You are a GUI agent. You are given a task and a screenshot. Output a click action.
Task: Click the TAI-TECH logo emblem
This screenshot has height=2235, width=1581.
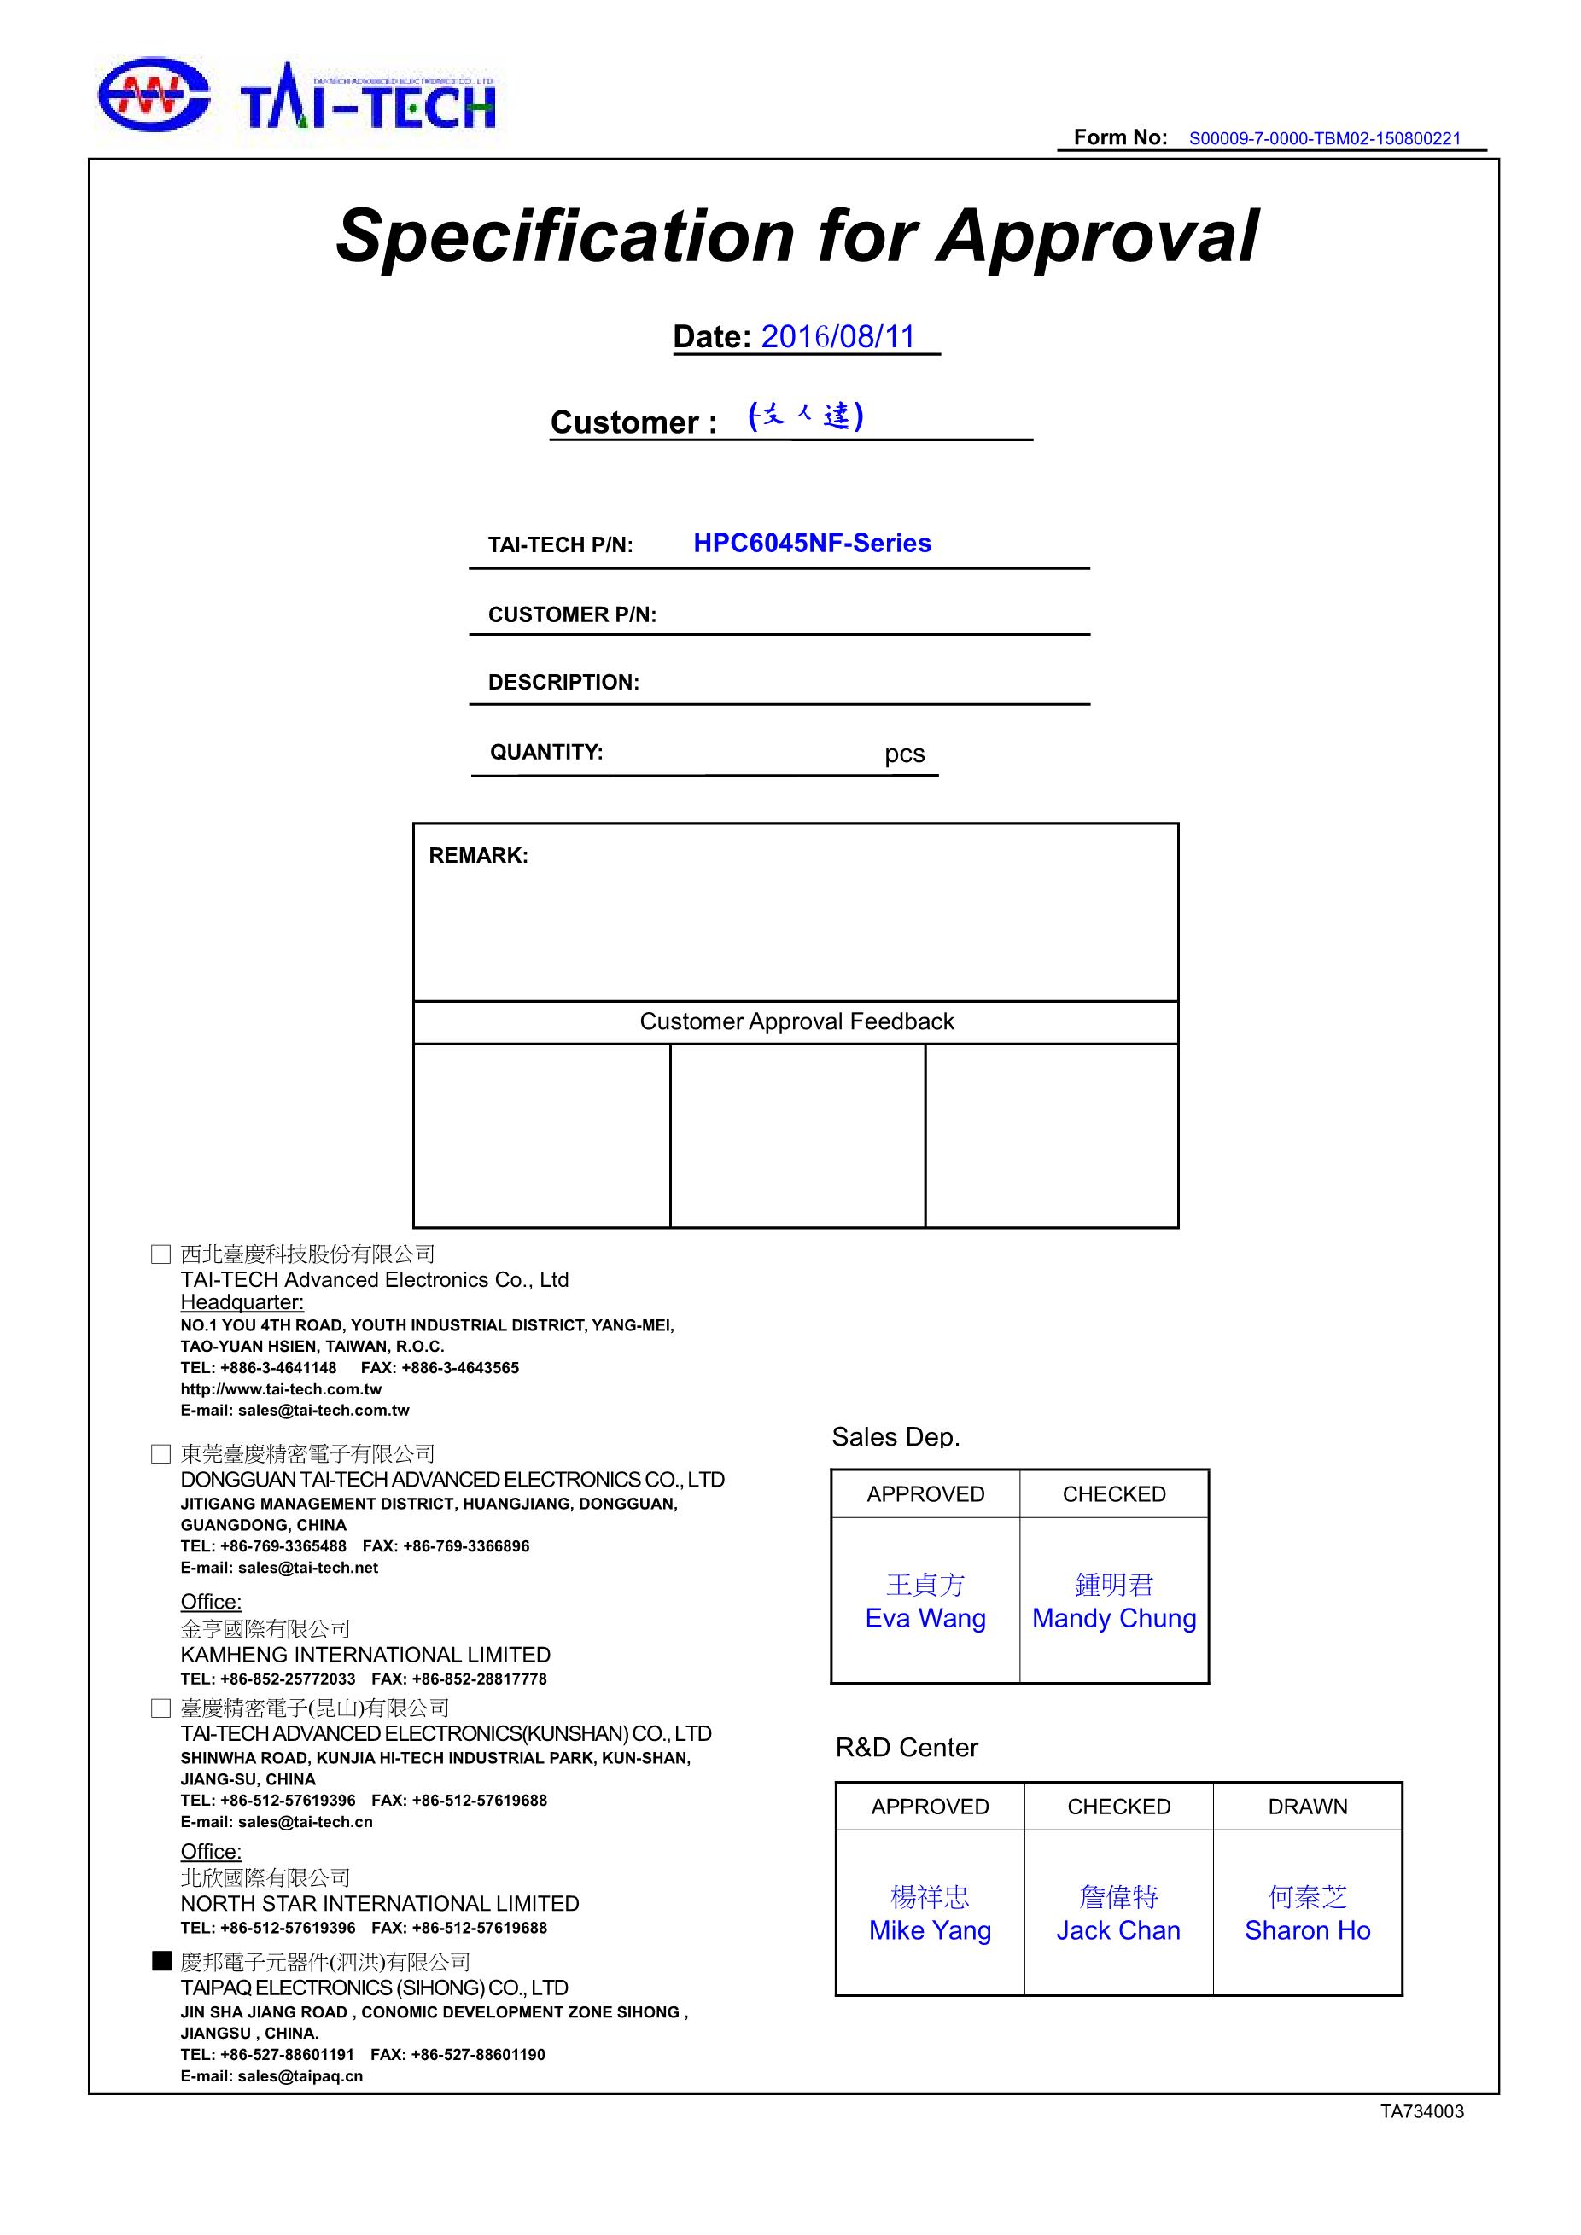[x=154, y=94]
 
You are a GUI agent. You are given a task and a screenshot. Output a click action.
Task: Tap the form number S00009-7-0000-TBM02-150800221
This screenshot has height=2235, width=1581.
[x=1324, y=138]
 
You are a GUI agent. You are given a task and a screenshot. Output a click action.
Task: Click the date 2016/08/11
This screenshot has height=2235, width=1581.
[x=837, y=337]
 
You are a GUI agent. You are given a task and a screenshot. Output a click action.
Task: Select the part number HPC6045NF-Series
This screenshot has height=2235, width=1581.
[x=812, y=543]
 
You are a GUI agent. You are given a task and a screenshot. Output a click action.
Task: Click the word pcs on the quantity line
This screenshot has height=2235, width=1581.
[x=904, y=754]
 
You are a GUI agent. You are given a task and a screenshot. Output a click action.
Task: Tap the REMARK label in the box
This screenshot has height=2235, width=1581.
[x=478, y=855]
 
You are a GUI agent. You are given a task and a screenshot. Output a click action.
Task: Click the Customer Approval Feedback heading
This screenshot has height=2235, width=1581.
[x=796, y=1021]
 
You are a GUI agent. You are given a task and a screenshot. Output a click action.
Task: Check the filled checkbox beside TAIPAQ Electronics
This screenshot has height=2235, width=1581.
[x=161, y=1960]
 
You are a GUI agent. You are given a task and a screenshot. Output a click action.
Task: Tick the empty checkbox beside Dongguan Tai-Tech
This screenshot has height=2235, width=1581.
[x=161, y=1453]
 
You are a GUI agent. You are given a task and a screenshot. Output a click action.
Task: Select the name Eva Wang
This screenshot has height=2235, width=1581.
[x=925, y=1618]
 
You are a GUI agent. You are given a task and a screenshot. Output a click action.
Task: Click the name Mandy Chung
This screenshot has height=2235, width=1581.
[x=1114, y=1618]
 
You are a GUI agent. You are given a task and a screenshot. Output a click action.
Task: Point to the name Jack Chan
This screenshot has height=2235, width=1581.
[x=1117, y=1930]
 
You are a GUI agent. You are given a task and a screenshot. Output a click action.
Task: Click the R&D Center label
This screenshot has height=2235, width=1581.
[x=907, y=1748]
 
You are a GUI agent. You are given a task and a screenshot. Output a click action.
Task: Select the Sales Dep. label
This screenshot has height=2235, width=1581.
[x=896, y=1437]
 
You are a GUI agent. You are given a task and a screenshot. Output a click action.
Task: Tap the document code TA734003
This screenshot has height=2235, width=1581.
[x=1421, y=2111]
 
